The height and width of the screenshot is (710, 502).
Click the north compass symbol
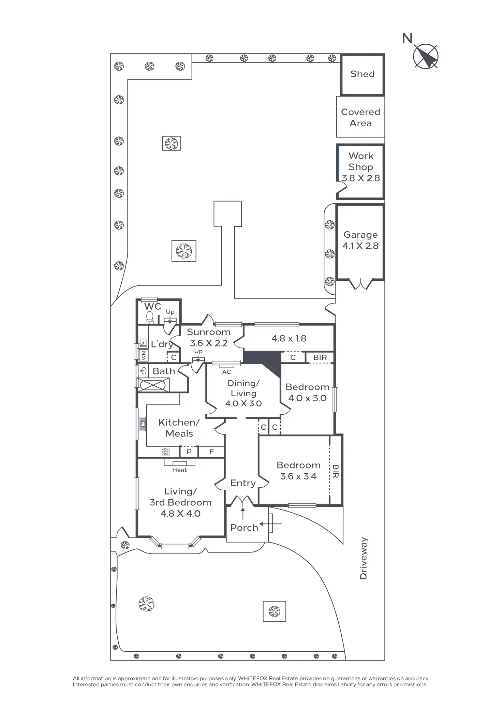pos(425,56)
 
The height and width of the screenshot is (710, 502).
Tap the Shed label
pos(362,74)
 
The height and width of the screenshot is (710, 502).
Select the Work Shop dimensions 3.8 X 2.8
pos(361,178)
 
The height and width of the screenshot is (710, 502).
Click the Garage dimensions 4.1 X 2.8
pos(360,246)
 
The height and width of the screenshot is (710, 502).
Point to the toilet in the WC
pos(150,318)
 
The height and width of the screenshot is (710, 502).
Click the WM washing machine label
pos(144,355)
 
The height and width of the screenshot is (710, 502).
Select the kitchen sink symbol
pos(143,424)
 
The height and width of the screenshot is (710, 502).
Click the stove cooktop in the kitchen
pos(165,452)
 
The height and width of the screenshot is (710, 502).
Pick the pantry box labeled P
pos(189,452)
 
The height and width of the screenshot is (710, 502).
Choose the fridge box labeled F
pos(211,452)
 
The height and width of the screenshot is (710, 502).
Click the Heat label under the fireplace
pos(179,470)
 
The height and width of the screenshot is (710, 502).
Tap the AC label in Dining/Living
pos(226,372)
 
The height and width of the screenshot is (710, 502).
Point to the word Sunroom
pos(209,332)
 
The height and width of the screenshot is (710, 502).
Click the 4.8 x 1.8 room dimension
pos(289,338)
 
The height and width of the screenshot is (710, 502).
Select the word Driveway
pos(364,558)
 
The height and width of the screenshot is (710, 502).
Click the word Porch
pos(244,528)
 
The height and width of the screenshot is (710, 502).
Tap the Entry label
pos(243,483)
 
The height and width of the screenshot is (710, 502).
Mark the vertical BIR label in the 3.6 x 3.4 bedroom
pos(336,471)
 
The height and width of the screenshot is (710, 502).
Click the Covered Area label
pos(360,118)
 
